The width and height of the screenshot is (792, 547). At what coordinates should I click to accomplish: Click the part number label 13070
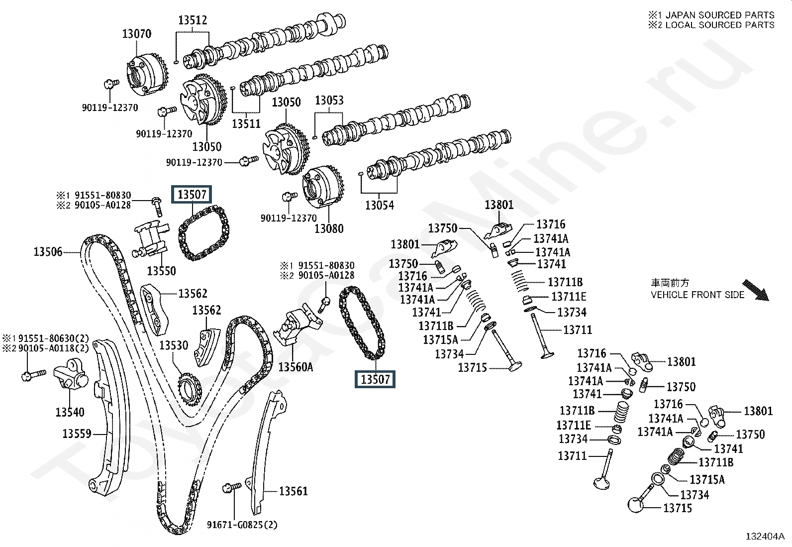tap(137, 34)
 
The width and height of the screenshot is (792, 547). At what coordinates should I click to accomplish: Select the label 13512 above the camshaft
tap(193, 20)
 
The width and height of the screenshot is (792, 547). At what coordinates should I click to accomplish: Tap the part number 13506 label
tap(48, 252)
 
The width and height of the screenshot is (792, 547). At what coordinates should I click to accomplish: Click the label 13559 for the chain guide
tap(77, 434)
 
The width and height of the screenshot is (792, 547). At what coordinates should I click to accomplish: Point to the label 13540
tap(70, 412)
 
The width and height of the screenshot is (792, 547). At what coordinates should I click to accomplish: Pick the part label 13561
tap(294, 491)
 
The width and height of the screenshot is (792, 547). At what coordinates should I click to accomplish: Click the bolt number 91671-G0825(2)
tap(242, 525)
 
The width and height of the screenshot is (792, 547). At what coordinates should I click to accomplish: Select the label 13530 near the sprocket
tap(174, 345)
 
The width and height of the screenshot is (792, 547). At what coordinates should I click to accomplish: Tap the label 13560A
tap(296, 367)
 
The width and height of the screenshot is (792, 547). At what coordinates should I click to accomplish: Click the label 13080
tap(329, 229)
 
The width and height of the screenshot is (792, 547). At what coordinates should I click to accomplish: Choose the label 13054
tap(380, 205)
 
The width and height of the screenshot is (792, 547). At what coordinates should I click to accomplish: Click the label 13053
tap(329, 101)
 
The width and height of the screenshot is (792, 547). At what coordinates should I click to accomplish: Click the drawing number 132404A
tap(765, 537)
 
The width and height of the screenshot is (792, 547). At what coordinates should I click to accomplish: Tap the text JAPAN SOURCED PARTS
tap(719, 15)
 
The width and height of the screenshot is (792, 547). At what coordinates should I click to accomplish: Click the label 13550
tap(162, 271)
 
